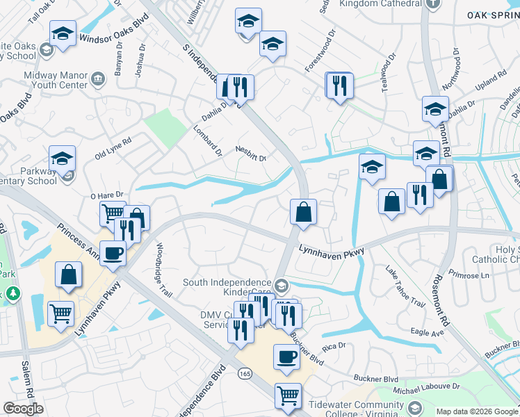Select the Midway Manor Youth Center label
click(56, 80)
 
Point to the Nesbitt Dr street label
click(251, 153)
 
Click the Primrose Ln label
click(469, 274)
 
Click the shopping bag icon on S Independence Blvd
click(303, 212)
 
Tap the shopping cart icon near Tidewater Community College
click(288, 396)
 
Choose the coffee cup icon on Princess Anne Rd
click(113, 254)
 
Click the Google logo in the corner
click(23, 409)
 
